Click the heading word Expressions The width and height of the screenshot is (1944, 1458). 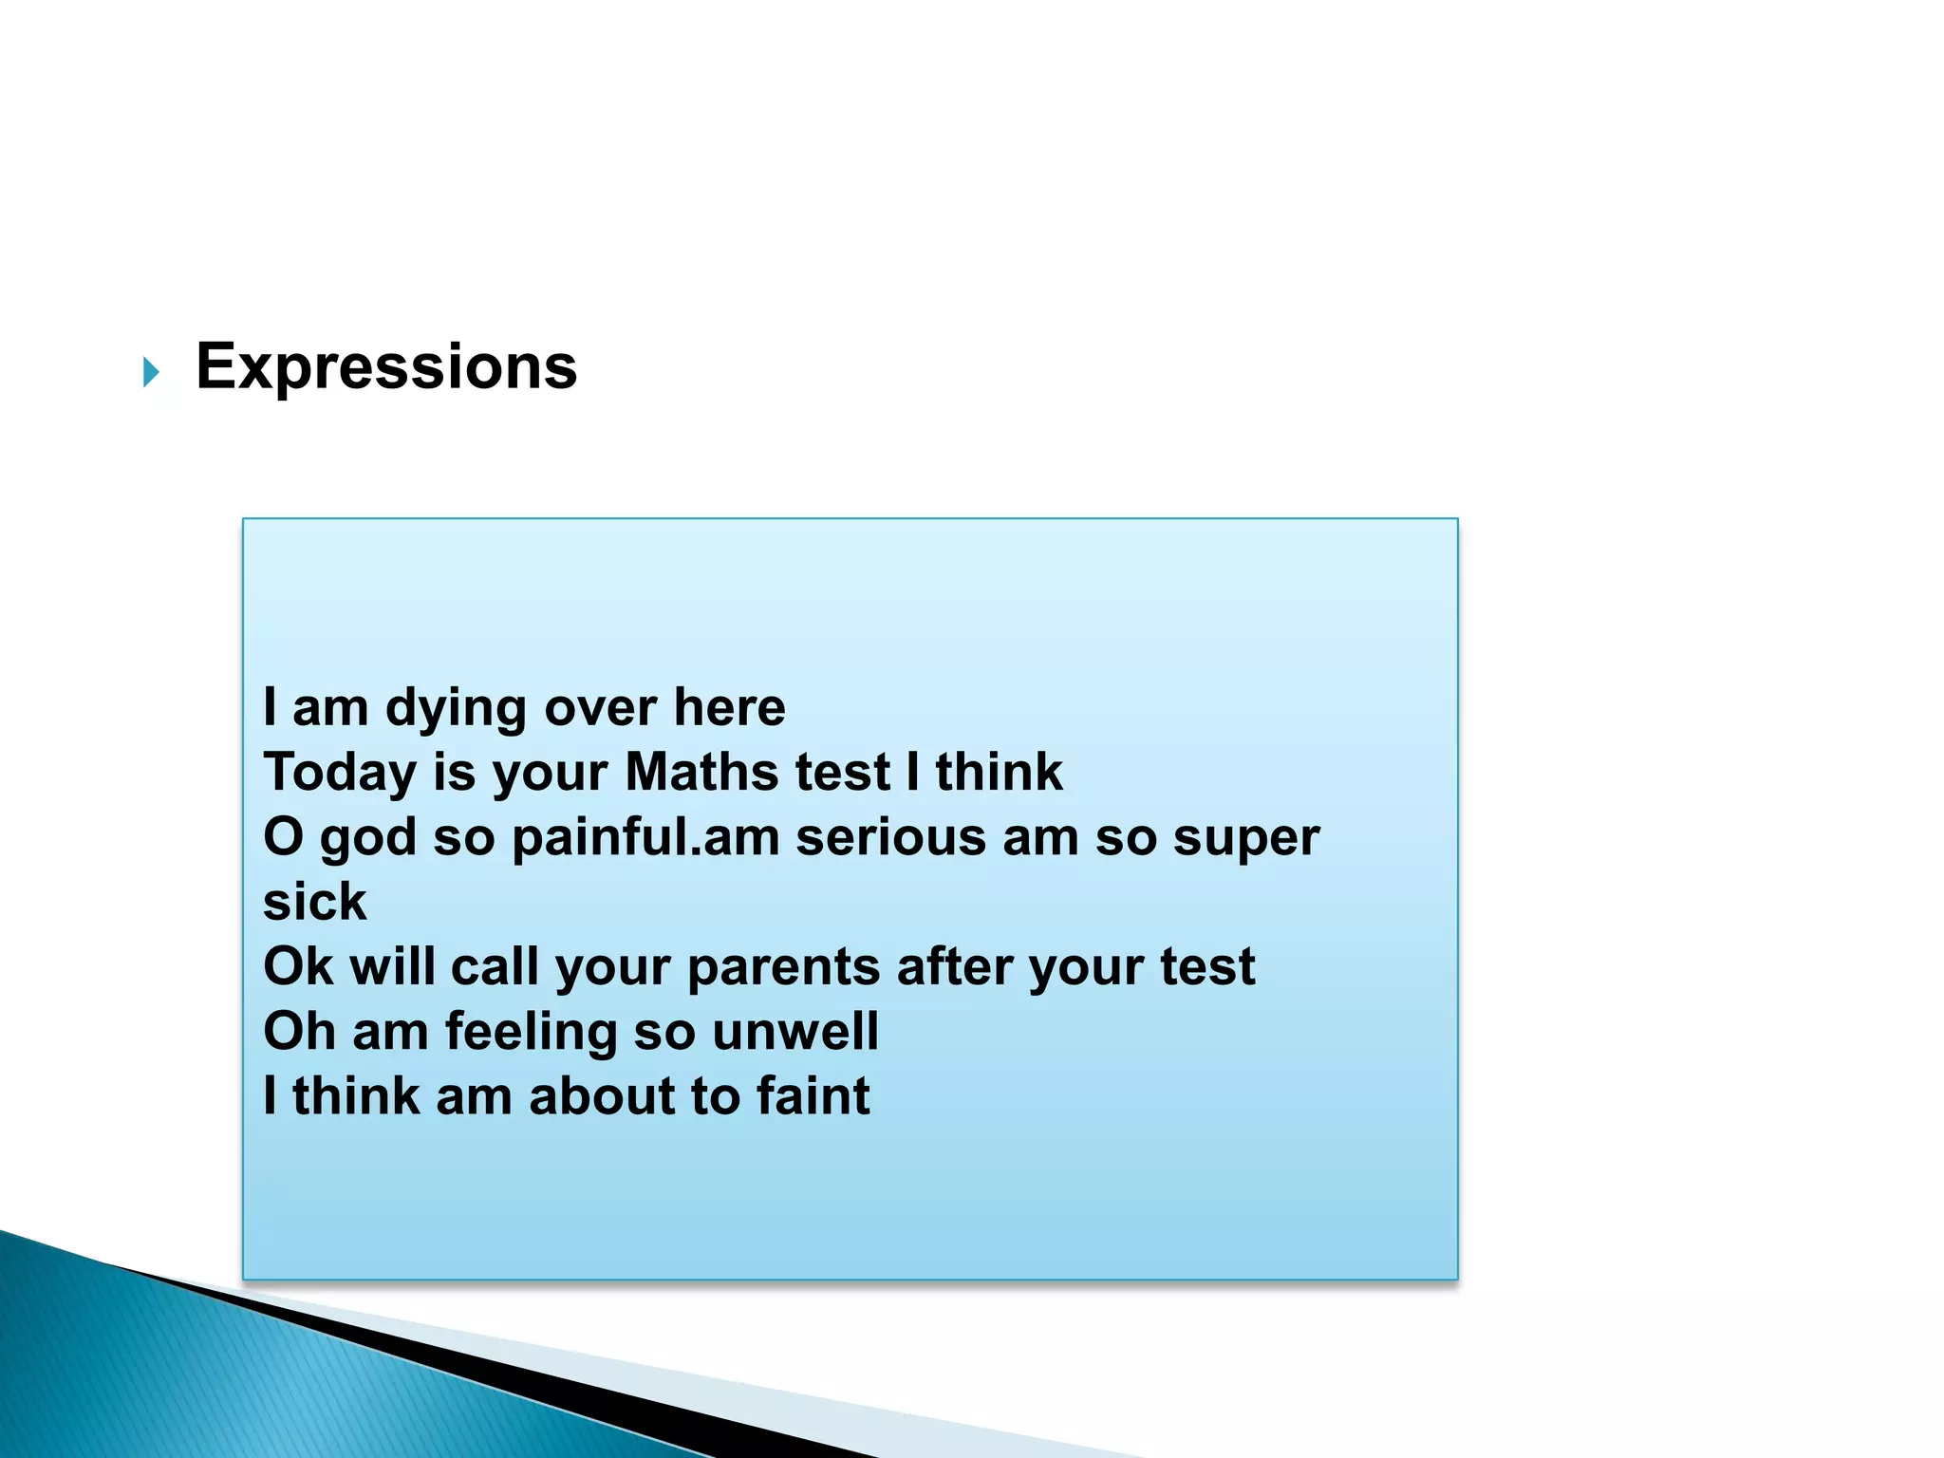coord(386,367)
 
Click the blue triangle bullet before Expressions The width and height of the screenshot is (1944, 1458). coord(151,372)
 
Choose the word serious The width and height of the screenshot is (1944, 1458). coord(890,838)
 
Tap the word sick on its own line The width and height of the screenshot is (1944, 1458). coord(314,902)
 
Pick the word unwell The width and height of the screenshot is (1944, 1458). coord(794,1031)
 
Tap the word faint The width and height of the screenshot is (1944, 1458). coord(813,1095)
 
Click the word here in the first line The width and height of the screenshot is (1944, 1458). coord(729,708)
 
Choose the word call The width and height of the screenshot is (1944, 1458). coord(495,966)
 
